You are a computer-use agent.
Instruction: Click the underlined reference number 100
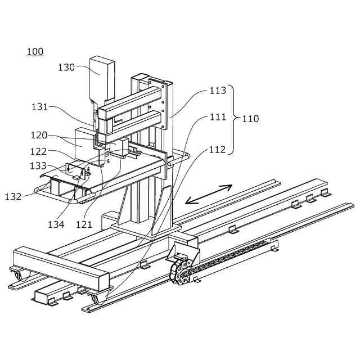click(x=34, y=52)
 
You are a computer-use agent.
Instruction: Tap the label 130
click(x=66, y=67)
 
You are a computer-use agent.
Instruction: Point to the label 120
click(x=39, y=135)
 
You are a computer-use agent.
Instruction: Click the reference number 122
click(x=39, y=151)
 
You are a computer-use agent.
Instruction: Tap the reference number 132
click(x=13, y=197)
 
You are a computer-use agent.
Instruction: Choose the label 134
click(x=56, y=224)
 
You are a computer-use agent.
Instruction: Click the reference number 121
click(x=84, y=224)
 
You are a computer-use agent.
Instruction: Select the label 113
click(x=218, y=90)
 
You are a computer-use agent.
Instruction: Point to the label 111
click(x=218, y=117)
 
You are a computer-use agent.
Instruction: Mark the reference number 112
click(x=218, y=150)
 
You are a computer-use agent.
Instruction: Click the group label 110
click(x=250, y=119)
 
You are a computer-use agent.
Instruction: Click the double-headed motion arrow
click(x=208, y=194)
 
